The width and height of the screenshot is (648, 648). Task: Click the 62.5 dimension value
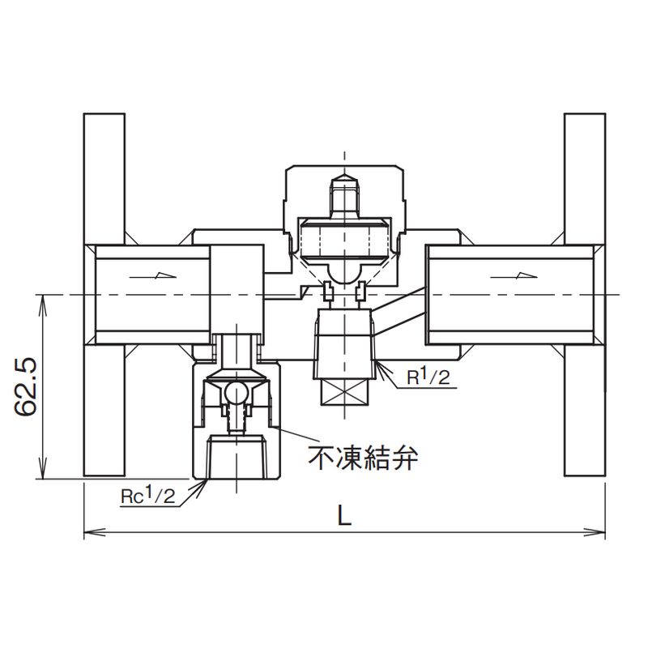26,387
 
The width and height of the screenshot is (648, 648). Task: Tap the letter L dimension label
344,516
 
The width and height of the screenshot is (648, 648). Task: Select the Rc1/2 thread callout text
148,496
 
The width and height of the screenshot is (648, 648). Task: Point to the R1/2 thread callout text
428,377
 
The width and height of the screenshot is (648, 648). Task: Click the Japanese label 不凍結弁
363,457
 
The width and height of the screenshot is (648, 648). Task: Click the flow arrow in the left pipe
153,275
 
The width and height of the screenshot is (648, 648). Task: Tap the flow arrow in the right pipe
513,275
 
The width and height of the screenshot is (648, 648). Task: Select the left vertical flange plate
104,295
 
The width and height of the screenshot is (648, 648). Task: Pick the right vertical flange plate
585,295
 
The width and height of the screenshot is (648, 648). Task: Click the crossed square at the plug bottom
345,391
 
